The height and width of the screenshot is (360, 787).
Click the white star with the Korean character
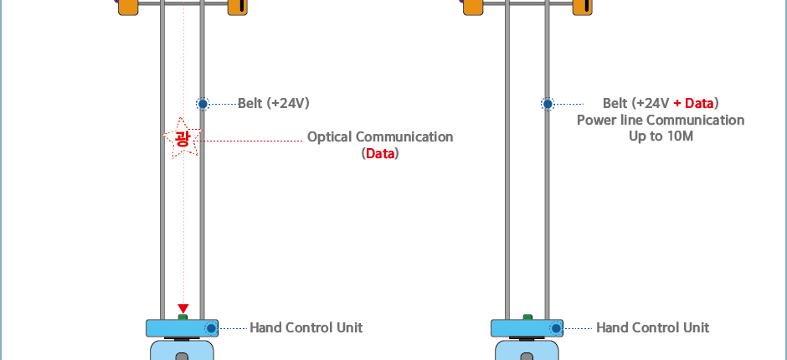pos(182,138)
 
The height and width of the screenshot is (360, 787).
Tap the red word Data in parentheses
pos(380,154)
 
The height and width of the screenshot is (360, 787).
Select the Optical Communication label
pos(380,136)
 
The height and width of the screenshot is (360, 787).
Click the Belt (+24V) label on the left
pos(274,104)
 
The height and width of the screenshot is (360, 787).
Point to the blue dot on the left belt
pos(203,104)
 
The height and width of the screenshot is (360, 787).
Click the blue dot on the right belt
pos(548,104)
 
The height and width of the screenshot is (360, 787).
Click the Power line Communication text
pos(661,120)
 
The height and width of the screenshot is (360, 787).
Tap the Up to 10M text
pos(661,136)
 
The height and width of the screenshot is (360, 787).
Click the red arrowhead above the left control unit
pos(183,309)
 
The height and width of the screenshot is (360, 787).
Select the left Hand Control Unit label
pos(306,327)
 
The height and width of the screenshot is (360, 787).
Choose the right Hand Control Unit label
pos(652,327)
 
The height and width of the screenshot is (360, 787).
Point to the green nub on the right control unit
pos(527,317)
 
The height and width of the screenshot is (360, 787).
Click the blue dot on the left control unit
pos(211,327)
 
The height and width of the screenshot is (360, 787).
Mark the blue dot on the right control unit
pos(556,327)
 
